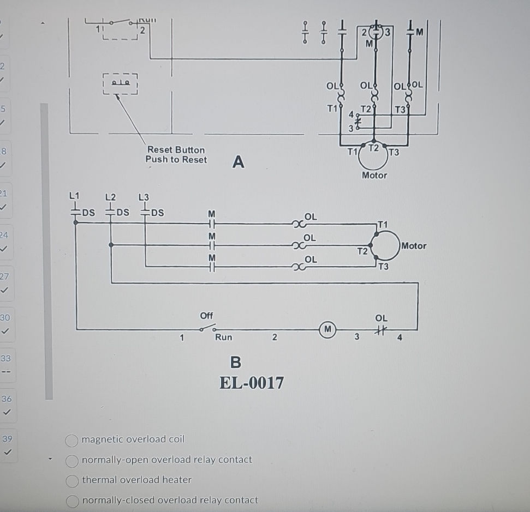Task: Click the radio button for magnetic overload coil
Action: [72, 440]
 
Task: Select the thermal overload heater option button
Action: [72, 480]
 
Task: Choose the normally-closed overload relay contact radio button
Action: [72, 501]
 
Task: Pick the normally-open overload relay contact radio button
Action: [72, 461]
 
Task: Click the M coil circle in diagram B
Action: [327, 329]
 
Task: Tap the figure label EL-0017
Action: [251, 383]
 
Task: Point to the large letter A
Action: [238, 162]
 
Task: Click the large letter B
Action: [235, 362]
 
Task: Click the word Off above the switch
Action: [206, 316]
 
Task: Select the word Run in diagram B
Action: [223, 338]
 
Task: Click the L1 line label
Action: [74, 195]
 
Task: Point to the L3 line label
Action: [144, 196]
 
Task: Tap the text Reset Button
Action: [176, 149]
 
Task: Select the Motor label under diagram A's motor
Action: [374, 175]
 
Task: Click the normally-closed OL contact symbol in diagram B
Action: [381, 329]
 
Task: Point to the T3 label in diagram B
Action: [384, 267]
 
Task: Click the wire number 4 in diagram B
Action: [400, 338]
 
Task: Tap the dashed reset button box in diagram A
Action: [120, 83]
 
